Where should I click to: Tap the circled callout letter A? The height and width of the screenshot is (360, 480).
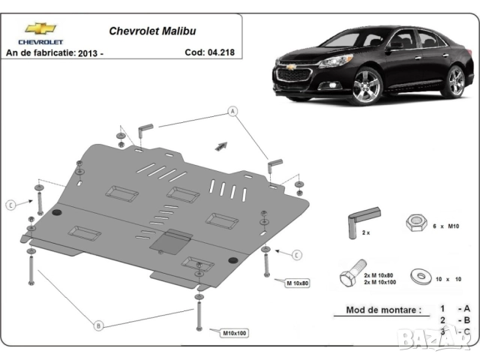(232, 112)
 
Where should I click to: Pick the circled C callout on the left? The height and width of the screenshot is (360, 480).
(10, 205)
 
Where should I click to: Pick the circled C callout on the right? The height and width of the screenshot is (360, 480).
(296, 256)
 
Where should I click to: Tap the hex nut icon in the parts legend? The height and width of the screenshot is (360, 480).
(415, 223)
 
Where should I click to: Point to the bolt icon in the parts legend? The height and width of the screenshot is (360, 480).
(353, 274)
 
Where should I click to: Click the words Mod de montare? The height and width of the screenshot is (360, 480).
(383, 310)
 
